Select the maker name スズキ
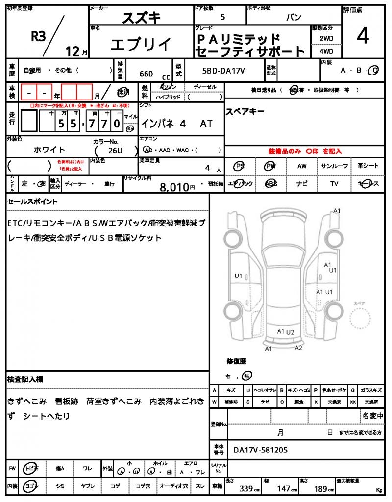click(x=141, y=18)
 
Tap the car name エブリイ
click(x=141, y=45)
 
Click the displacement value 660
click(x=146, y=74)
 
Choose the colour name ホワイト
click(x=49, y=150)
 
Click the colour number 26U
click(x=116, y=151)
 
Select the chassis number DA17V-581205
click(x=260, y=450)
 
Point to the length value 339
click(x=247, y=488)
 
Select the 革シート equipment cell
click(x=367, y=166)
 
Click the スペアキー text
click(x=245, y=111)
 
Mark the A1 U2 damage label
click(x=285, y=332)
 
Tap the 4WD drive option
click(x=326, y=51)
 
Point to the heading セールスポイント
click(x=32, y=201)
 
